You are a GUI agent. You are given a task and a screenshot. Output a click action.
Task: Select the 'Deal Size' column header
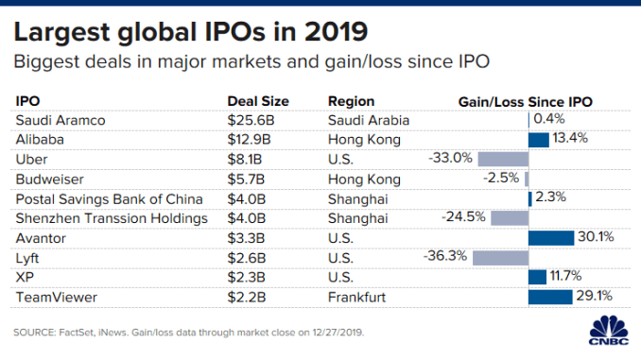[257, 101]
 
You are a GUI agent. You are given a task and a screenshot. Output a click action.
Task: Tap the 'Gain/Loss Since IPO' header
[525, 101]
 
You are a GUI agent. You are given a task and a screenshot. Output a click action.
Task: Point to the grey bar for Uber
[503, 159]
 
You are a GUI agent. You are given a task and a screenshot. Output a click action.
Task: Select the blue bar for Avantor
[551, 237]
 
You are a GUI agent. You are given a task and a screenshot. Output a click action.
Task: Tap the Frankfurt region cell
[357, 296]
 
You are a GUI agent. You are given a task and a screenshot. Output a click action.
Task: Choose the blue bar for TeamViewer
[550, 296]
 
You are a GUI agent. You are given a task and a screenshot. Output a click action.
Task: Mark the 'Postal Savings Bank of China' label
[106, 198]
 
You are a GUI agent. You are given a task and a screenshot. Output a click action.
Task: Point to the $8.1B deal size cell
[246, 159]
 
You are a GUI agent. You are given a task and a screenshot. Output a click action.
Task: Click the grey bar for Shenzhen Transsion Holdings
[510, 217]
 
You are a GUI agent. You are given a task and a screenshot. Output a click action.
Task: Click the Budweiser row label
[49, 179]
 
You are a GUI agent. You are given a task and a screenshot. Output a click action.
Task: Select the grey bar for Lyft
[500, 257]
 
